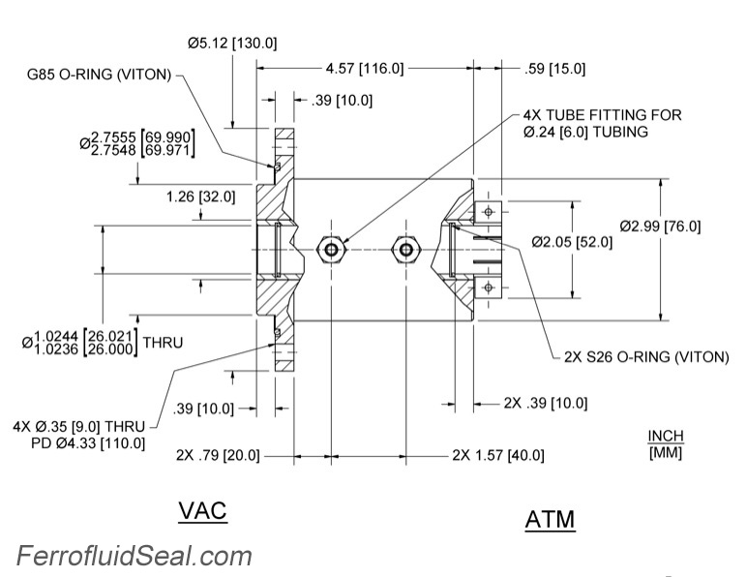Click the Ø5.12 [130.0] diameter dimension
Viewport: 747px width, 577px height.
click(x=232, y=44)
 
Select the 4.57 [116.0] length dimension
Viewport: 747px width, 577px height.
click(x=364, y=69)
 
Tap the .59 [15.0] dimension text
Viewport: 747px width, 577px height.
click(x=553, y=69)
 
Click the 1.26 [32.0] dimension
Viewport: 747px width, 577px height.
click(x=201, y=197)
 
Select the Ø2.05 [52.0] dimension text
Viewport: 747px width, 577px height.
click(x=571, y=242)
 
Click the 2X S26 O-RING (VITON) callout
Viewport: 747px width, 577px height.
click(x=644, y=356)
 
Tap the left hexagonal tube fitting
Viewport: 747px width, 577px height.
click(x=333, y=249)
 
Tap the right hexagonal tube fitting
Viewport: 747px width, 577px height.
click(x=403, y=249)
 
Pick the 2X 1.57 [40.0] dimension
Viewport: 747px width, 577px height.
click(x=497, y=455)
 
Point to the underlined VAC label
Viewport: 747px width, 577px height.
click(x=202, y=510)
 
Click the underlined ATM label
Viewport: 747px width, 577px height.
click(x=550, y=520)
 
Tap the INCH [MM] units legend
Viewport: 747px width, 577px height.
click(x=665, y=444)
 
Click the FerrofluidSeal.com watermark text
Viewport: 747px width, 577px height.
click(x=134, y=556)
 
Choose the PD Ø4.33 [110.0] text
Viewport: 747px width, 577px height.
click(x=88, y=443)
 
